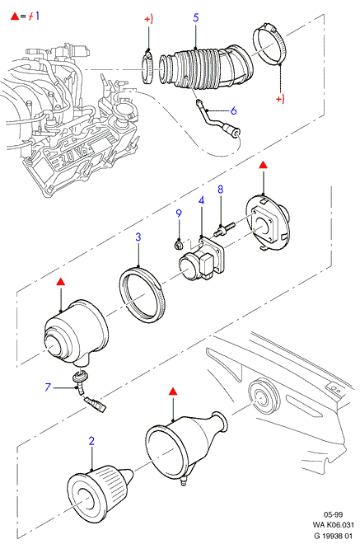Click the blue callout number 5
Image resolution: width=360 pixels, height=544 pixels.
195,17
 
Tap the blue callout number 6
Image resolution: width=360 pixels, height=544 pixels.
233,110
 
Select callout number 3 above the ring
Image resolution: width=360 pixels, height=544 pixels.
138,237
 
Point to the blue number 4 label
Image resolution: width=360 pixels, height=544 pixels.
201,200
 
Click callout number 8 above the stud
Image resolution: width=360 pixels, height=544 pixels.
221,190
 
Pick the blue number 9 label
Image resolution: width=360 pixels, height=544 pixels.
179,213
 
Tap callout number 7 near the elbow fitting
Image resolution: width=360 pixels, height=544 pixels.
48,387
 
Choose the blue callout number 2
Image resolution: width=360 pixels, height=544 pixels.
91,441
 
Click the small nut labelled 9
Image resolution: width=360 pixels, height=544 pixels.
178,246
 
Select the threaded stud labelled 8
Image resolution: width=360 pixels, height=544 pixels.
225,230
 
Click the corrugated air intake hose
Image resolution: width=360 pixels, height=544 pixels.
206,68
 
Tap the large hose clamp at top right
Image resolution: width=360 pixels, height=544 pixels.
271,44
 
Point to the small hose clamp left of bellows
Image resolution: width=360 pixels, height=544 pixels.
148,68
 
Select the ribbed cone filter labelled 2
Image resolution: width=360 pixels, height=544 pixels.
99,488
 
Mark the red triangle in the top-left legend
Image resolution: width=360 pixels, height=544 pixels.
15,16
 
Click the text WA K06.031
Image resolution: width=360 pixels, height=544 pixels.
334,525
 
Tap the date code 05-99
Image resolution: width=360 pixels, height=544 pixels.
334,514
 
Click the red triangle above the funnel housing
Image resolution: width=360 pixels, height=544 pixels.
173,392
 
